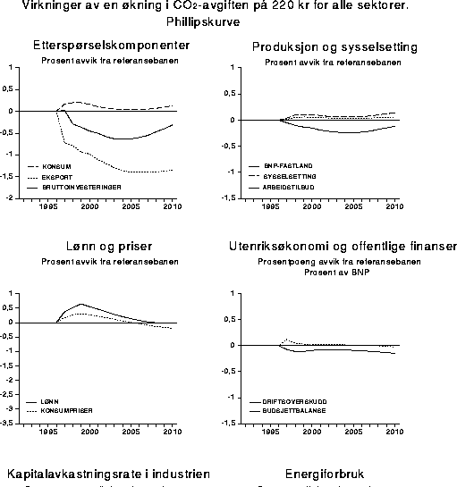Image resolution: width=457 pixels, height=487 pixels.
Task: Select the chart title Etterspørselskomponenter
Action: coord(110,46)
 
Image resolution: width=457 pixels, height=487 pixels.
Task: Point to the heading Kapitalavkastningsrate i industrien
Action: coord(109,474)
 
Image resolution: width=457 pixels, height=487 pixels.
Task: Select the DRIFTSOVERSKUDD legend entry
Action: coord(294,402)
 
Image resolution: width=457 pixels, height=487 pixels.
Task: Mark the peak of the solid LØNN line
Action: coord(81,304)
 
